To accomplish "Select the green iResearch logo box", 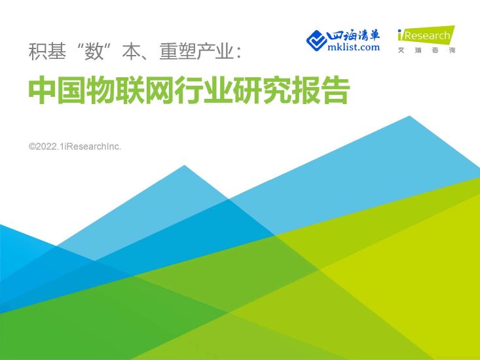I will point(426,35).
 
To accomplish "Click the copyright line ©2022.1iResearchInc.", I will point(75,147).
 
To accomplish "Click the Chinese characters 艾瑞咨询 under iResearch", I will point(426,50).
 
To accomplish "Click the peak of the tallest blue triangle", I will point(410,117).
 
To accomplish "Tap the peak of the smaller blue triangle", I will point(185,166).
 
